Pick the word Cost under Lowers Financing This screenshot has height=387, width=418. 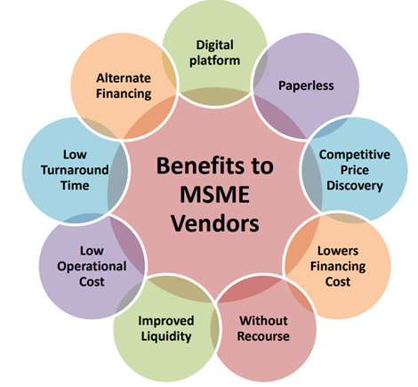click(x=336, y=281)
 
